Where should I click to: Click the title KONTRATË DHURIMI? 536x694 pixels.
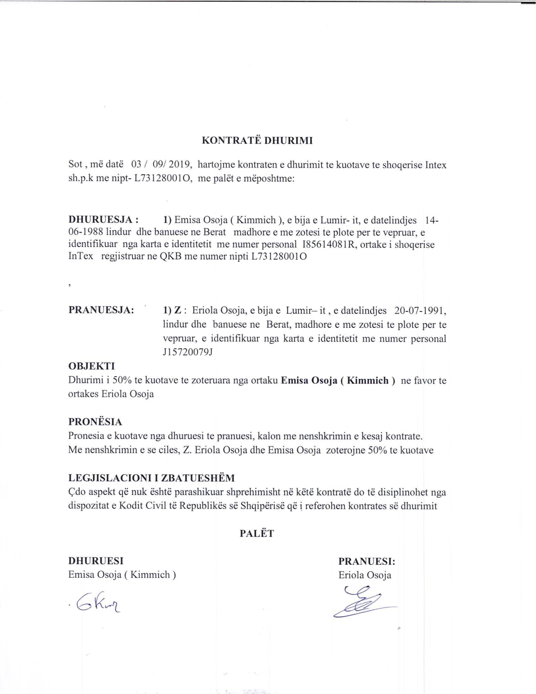257,141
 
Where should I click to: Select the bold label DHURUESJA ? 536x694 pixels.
103,220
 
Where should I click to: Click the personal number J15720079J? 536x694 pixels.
187,352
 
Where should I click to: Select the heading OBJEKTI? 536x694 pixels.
92,366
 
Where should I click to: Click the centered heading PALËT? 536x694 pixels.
257,533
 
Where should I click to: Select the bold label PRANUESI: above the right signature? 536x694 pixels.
366,562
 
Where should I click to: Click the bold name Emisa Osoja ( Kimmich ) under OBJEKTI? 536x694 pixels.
338,380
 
